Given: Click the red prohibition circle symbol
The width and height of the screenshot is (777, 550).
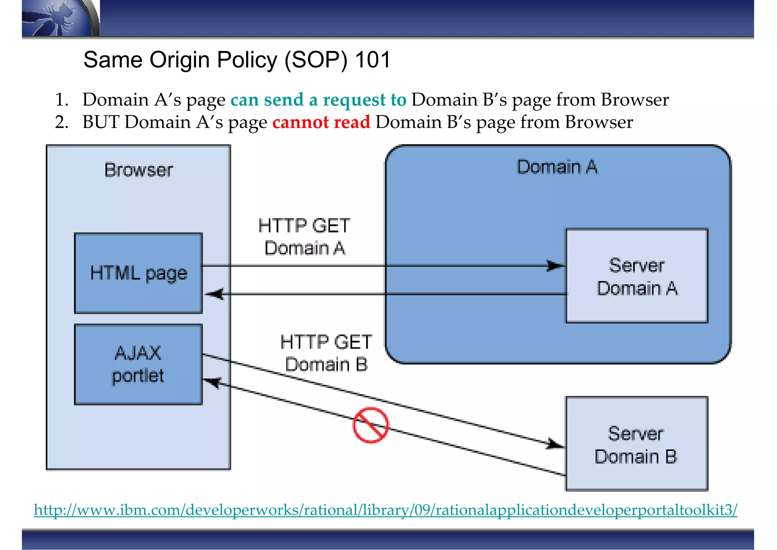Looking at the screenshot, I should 371,425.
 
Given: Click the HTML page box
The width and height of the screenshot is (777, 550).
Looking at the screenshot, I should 138,273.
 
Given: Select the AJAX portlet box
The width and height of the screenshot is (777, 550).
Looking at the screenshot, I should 138,364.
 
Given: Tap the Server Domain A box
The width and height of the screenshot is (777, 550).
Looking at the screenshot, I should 637,276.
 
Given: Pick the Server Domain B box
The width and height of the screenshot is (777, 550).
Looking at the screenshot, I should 636,444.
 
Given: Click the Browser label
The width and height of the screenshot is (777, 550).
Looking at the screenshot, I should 138,170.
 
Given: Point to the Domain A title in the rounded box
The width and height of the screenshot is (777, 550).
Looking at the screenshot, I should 557,167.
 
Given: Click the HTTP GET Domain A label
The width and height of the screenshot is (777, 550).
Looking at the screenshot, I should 304,237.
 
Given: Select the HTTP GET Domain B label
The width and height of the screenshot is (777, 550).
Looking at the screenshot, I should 326,353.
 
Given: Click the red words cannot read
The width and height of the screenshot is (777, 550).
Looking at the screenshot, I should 321,122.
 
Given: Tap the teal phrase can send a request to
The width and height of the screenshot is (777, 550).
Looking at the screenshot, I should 318,100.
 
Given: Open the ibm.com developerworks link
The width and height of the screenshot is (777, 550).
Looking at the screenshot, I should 385,510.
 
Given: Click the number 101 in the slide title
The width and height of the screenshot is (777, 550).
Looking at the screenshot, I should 373,60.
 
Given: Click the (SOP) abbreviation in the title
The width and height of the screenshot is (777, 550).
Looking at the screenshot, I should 316,60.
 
